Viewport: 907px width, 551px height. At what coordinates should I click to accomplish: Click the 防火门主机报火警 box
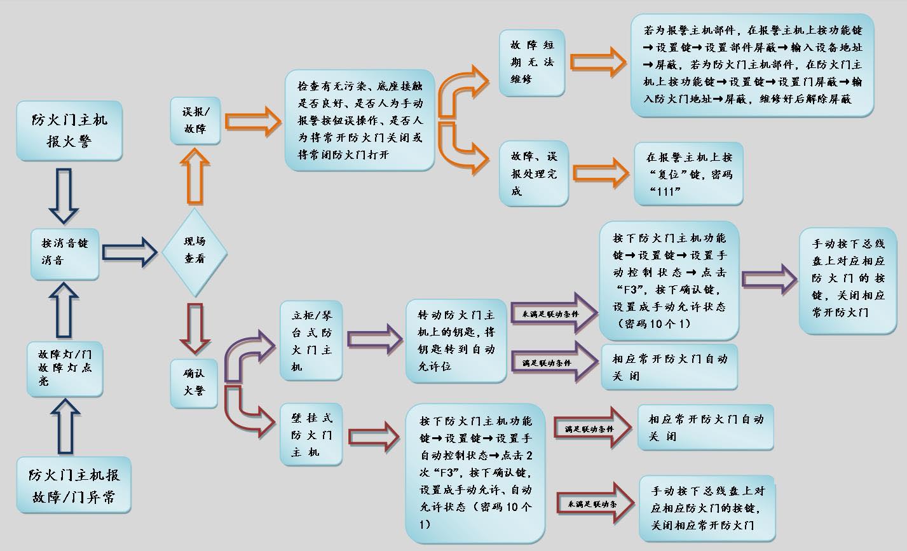point(69,130)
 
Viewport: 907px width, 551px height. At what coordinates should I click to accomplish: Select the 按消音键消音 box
point(65,252)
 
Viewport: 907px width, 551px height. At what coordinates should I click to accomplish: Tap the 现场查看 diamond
point(194,250)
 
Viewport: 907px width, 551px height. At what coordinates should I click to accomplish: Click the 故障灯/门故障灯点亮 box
point(64,368)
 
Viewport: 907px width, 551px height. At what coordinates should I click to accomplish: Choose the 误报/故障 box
point(194,119)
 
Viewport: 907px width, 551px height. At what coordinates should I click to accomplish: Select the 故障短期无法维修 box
point(531,62)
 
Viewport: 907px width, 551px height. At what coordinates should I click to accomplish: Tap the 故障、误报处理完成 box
point(533,173)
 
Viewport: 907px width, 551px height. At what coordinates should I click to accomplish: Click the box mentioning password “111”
point(688,173)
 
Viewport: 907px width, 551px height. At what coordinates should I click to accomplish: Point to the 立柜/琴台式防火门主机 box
point(311,341)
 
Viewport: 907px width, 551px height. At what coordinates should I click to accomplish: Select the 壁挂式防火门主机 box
point(311,435)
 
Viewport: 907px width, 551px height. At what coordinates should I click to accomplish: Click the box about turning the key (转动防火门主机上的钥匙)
point(456,341)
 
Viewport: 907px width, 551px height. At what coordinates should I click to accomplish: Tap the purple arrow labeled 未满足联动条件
point(554,313)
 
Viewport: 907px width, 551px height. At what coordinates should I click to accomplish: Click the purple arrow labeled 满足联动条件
point(554,361)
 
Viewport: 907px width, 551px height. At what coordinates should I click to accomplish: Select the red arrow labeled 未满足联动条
point(596,503)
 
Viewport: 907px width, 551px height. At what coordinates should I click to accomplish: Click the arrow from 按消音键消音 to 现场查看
point(130,252)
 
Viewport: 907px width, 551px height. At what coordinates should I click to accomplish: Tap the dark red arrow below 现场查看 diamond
point(194,328)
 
